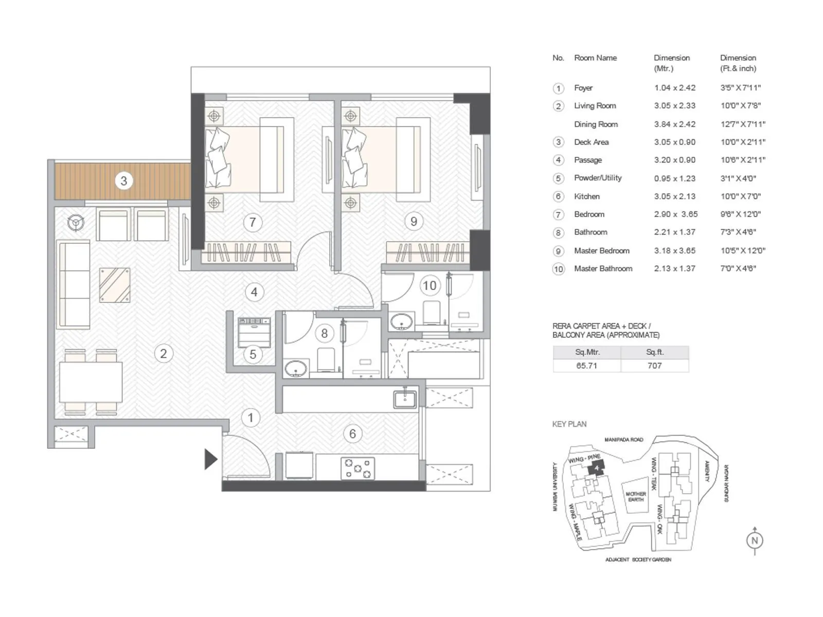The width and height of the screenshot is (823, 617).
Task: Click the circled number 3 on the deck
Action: click(123, 181)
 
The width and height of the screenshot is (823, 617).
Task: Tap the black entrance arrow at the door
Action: click(210, 459)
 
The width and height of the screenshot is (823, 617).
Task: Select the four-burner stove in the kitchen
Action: click(357, 468)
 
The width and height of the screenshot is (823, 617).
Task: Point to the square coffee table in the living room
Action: click(115, 285)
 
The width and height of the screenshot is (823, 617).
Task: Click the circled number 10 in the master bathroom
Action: click(430, 285)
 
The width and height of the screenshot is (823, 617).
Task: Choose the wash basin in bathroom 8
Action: click(296, 368)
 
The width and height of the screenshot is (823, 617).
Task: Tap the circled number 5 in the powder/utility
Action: click(253, 354)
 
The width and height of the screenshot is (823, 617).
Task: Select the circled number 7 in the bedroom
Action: click(252, 222)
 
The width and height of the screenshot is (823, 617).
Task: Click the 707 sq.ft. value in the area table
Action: click(654, 366)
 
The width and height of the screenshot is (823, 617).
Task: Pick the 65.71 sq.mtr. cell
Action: click(586, 366)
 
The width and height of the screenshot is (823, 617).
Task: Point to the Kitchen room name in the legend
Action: click(587, 196)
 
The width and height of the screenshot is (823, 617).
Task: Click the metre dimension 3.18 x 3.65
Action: click(674, 251)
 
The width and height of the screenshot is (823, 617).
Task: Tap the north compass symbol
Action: click(755, 540)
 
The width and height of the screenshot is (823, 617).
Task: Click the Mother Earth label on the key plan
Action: click(636, 496)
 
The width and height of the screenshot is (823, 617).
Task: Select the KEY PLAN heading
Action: click(569, 424)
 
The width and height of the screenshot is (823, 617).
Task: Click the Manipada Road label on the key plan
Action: click(623, 440)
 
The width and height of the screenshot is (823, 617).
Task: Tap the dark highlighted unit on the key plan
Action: click(596, 468)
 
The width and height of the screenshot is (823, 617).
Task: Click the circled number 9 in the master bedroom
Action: click(414, 222)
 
